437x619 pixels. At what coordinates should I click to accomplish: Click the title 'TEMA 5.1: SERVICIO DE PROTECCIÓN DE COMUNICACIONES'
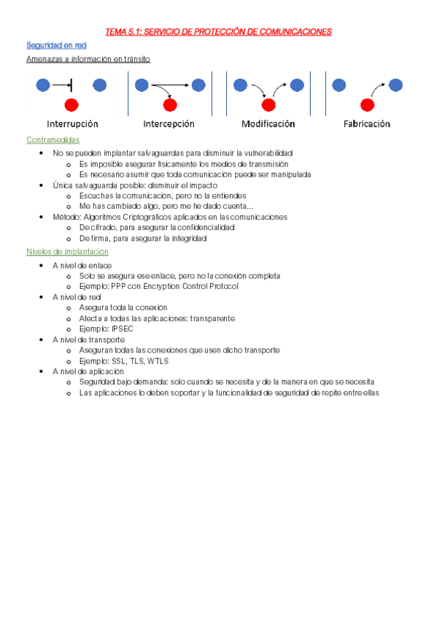(218, 31)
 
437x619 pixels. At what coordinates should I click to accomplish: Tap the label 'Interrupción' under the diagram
(72, 124)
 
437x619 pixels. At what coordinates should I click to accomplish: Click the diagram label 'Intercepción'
(169, 124)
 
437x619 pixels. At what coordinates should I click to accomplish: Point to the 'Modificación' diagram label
(268, 124)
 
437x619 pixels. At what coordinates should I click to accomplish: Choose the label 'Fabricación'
(366, 124)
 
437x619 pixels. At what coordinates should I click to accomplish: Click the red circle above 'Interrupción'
(71, 104)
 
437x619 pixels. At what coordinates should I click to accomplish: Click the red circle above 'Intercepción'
(169, 104)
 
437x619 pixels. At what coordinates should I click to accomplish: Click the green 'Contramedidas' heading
(53, 139)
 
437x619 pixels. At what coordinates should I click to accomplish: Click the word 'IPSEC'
(123, 329)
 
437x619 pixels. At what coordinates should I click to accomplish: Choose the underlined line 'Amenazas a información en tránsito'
(88, 59)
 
